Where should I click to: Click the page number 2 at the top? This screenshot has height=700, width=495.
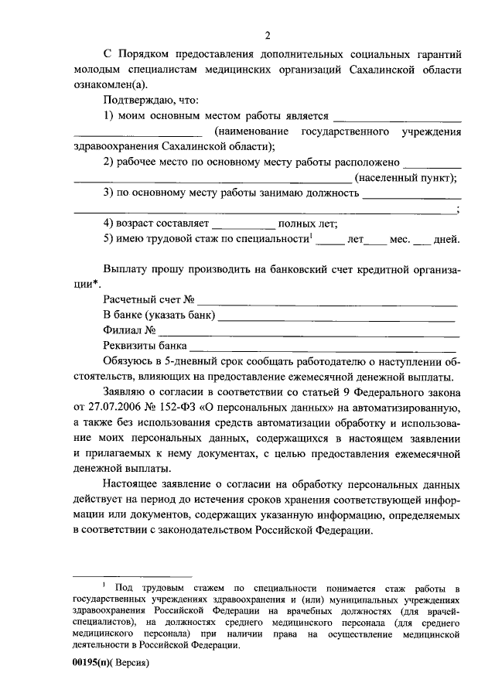click(268, 35)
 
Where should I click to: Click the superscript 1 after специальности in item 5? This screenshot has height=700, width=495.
click(311, 235)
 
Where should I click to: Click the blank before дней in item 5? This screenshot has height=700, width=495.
click(421, 240)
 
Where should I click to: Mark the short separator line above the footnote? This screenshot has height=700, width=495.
click(131, 576)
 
